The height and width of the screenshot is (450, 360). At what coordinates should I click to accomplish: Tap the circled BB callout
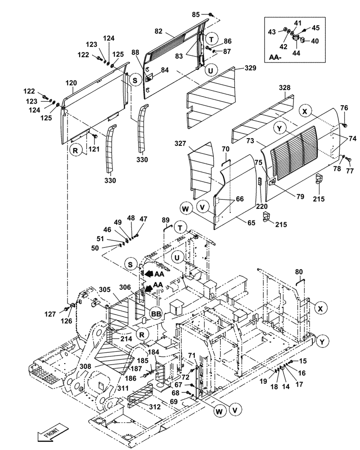156,314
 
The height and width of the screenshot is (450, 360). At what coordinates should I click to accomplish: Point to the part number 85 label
196,14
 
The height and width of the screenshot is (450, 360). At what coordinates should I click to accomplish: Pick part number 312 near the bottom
155,406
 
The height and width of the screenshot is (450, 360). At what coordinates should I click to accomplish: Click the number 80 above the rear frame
299,271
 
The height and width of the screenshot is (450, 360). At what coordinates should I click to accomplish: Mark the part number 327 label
181,143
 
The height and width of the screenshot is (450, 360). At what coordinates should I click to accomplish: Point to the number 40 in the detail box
315,41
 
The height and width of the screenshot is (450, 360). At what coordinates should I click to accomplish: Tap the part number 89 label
166,220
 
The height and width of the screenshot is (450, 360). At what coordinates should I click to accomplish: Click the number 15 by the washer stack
302,360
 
